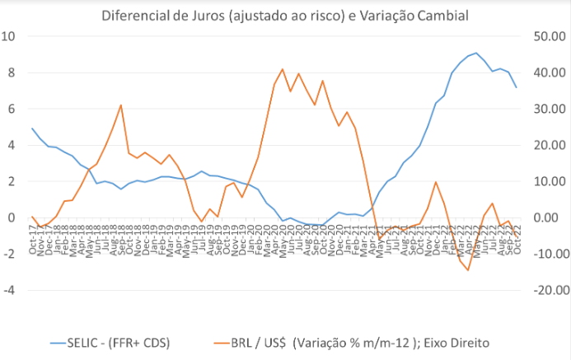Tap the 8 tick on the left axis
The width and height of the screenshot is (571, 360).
pyautogui.click(x=12, y=72)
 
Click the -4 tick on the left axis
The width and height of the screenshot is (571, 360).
pyautogui.click(x=9, y=290)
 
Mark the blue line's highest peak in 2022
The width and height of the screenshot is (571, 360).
pyautogui.click(x=476, y=53)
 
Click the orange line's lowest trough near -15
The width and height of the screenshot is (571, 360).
pyautogui.click(x=468, y=270)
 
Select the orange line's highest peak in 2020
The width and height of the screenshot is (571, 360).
pyautogui.click(x=283, y=69)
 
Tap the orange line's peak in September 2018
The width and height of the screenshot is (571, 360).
pyautogui.click(x=121, y=105)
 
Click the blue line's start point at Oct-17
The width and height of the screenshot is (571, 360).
pyautogui.click(x=32, y=129)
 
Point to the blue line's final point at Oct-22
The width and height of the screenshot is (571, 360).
pyautogui.click(x=517, y=87)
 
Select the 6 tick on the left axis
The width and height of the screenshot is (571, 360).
pyautogui.click(x=12, y=109)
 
